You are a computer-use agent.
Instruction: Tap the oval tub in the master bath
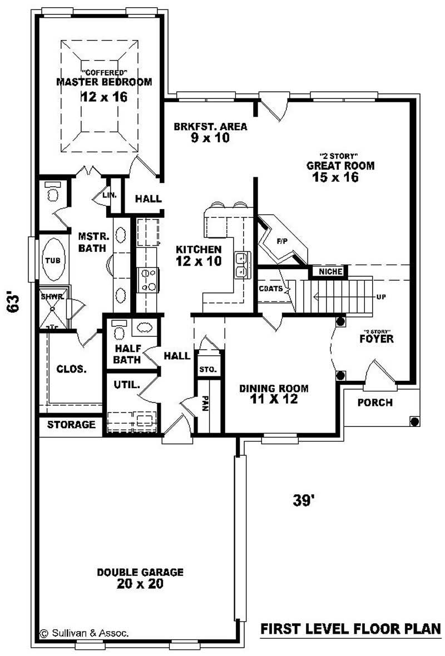point(53,260)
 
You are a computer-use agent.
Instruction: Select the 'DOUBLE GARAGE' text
point(140,572)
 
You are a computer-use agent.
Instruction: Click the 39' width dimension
point(304,500)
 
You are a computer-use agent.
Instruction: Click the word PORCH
point(374,402)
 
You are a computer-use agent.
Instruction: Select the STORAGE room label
point(71,425)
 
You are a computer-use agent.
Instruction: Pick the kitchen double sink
point(242,265)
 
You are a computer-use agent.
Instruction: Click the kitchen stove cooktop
point(148,280)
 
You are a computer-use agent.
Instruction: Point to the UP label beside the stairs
point(380,297)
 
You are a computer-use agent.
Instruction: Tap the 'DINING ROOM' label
point(274,389)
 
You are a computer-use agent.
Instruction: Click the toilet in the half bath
point(118,332)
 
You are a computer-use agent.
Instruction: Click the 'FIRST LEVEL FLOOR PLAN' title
point(350,629)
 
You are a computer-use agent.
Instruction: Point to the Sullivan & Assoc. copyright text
point(85,633)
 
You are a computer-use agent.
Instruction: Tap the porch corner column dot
point(414,421)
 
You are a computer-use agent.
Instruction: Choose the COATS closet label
point(271,289)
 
